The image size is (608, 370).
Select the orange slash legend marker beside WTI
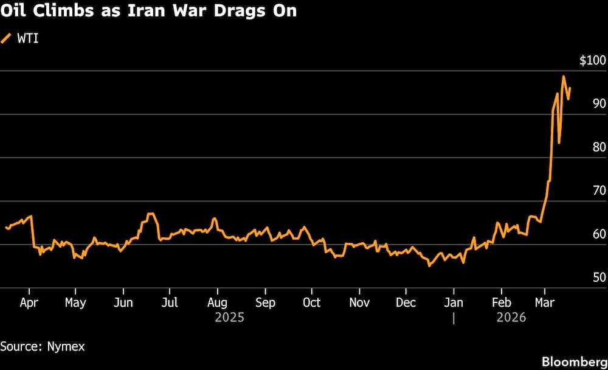7,39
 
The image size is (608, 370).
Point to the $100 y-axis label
592,60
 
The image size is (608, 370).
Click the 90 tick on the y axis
599,103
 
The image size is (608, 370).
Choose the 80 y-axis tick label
599,147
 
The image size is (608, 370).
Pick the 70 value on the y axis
599,190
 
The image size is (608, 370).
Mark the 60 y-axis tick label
599,234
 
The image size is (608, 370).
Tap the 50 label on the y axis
599,277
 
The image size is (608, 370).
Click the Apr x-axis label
29,302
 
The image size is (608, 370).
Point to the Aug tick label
217,302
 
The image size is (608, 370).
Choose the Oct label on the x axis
311,302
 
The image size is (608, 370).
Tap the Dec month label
406,302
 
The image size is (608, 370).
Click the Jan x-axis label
454,302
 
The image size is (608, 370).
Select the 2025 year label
229,318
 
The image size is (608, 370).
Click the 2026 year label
511,318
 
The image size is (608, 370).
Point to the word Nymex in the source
66,346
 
